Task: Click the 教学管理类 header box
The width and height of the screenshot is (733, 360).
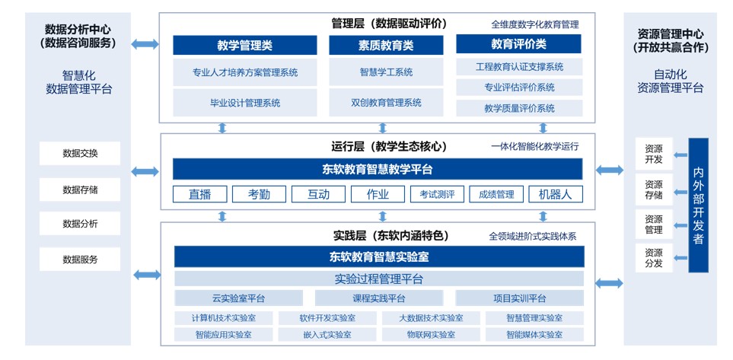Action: [245, 45]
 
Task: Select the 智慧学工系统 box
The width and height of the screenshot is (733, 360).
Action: [386, 72]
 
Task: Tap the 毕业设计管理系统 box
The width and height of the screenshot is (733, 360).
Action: [245, 103]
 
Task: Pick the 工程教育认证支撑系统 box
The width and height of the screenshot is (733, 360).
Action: [519, 67]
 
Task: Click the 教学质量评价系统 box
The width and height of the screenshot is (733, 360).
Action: [519, 108]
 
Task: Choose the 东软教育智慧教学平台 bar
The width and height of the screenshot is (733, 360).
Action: [378, 169]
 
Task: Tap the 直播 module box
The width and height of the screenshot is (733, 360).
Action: [200, 194]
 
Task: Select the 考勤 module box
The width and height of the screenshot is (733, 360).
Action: [259, 194]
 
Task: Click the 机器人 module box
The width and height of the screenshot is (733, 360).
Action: [556, 194]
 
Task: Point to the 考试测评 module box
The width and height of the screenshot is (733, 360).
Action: [437, 194]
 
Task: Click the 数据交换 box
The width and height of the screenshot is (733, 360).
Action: [80, 153]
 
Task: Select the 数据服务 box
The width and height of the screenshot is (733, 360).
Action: [80, 260]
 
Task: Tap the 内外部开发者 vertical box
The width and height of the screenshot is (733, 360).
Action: [699, 205]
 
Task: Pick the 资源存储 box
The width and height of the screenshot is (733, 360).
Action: [654, 190]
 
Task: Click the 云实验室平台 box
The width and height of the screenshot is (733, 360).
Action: [239, 298]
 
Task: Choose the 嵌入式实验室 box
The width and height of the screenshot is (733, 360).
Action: [327, 334]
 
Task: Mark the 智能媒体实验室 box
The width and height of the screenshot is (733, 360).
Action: [534, 334]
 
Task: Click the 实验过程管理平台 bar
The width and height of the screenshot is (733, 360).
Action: [379, 279]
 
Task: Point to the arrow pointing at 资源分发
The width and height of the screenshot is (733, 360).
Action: [680, 257]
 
